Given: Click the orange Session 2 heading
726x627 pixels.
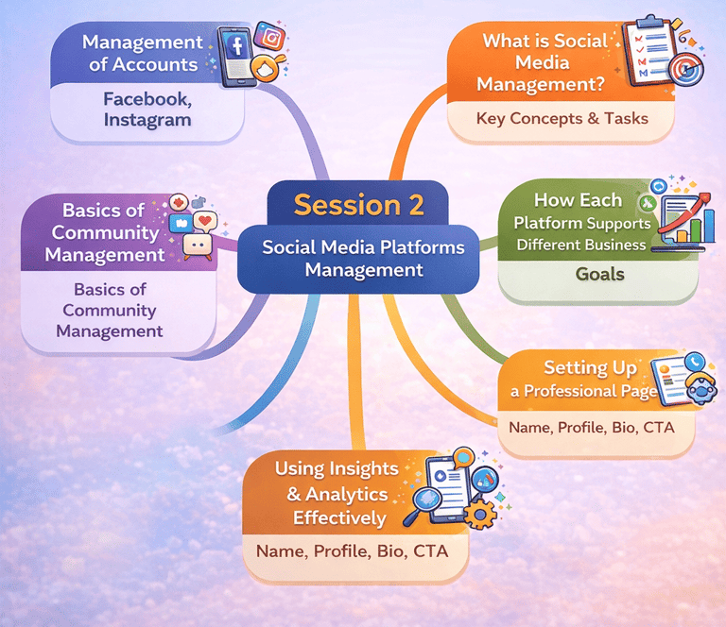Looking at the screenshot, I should pyautogui.click(x=358, y=204).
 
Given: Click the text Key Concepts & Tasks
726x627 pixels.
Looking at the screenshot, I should pyautogui.click(x=562, y=118).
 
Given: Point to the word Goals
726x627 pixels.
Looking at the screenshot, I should pyautogui.click(x=600, y=274).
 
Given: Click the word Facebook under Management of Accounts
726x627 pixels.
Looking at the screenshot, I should pyautogui.click(x=147, y=98).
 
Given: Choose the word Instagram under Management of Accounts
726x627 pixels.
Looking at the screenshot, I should pyautogui.click(x=147, y=120).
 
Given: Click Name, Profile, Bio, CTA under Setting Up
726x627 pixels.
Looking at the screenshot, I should pyautogui.click(x=592, y=427).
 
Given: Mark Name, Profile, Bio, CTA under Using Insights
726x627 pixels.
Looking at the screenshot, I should pyautogui.click(x=353, y=550).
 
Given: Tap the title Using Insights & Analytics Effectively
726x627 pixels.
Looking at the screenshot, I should pyautogui.click(x=331, y=493).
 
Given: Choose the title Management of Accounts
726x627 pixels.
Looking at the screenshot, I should pyautogui.click(x=143, y=54).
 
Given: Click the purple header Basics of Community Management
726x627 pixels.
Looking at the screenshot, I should pyautogui.click(x=105, y=232).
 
